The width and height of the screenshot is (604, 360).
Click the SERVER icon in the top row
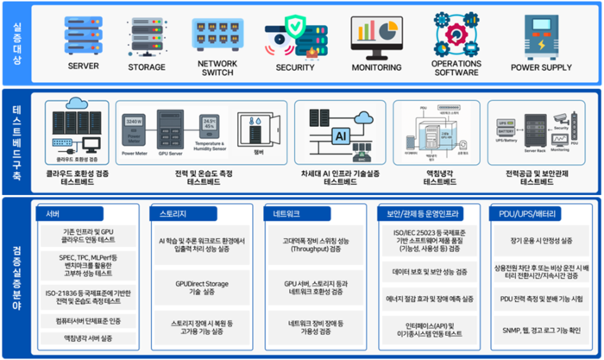tap(84, 35)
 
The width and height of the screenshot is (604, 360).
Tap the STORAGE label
tap(146, 67)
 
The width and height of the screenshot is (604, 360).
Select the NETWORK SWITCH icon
tap(217, 32)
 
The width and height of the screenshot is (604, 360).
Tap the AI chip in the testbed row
tap(339, 136)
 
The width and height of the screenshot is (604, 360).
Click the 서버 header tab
tap(53, 212)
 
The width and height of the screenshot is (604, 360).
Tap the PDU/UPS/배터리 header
tap(528, 212)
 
